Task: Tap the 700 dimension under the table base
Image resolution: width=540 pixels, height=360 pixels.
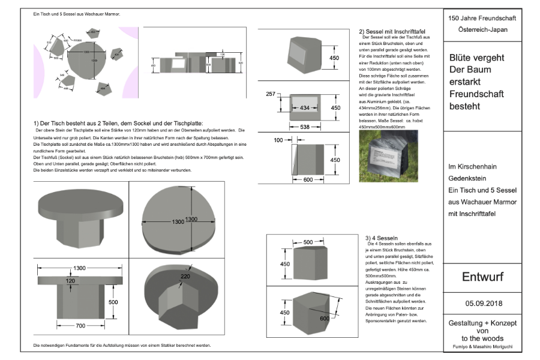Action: tap(80, 325)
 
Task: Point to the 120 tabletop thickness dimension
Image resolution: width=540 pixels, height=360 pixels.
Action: tap(71, 280)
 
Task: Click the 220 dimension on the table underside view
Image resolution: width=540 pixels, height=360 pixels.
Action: tap(185, 277)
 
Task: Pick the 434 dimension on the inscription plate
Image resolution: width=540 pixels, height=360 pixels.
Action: tap(305, 107)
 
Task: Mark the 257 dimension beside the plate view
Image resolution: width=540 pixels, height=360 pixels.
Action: tap(270, 94)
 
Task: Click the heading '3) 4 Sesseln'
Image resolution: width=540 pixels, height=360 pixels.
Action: tap(382, 238)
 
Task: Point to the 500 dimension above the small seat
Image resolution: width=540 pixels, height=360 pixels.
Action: tap(308, 242)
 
